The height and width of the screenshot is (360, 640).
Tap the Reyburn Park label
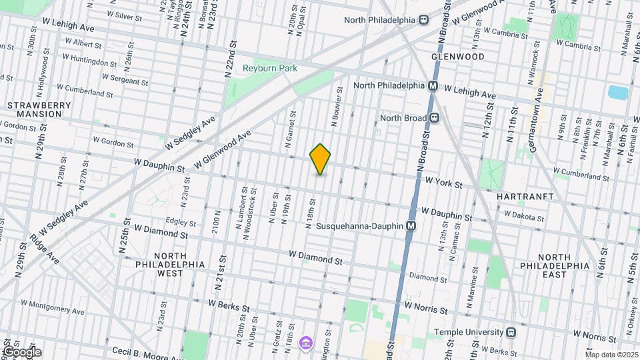pos(269,68)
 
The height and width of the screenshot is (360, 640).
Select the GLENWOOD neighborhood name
pos(457,57)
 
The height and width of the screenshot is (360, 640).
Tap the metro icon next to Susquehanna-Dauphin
pos(411,226)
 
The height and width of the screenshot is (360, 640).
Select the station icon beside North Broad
pos(434,118)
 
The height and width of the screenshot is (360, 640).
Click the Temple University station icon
pos(511,332)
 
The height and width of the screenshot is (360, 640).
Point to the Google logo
pos(21,352)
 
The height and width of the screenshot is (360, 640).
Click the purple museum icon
pos(305,343)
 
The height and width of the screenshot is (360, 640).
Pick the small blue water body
pos(618,93)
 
